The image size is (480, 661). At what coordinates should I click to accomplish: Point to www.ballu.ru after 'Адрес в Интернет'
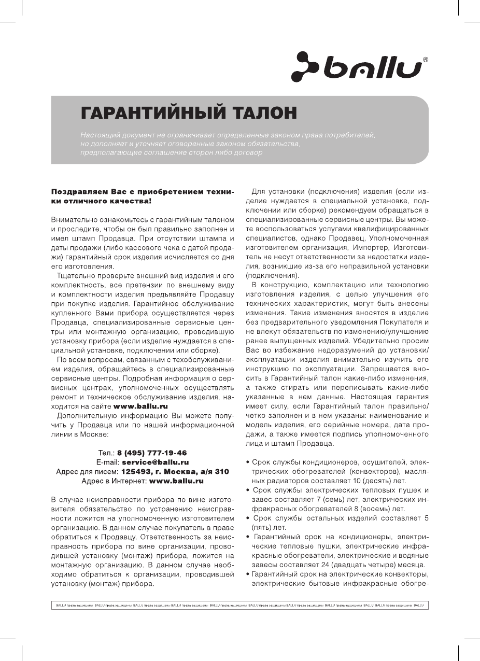point(176,481)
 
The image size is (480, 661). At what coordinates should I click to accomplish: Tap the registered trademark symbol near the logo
point(426,60)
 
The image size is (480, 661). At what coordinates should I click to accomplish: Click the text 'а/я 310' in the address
point(215,471)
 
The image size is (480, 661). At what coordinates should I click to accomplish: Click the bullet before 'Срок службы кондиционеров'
point(248,462)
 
